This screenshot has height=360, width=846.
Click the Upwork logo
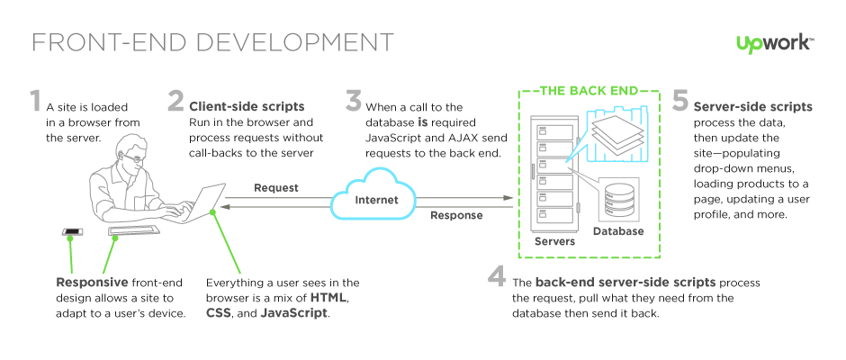pos(775,43)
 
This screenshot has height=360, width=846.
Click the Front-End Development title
pos(212,42)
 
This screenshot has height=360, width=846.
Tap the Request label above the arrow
pos(276,188)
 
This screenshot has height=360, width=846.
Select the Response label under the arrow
pos(456,215)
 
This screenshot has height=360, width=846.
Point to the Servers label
pos(554,241)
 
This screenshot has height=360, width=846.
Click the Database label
pos(619,231)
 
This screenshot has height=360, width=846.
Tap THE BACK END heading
pos(589,90)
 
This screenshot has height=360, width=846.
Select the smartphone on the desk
pos(72,233)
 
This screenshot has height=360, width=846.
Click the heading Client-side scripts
pos(247,106)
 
